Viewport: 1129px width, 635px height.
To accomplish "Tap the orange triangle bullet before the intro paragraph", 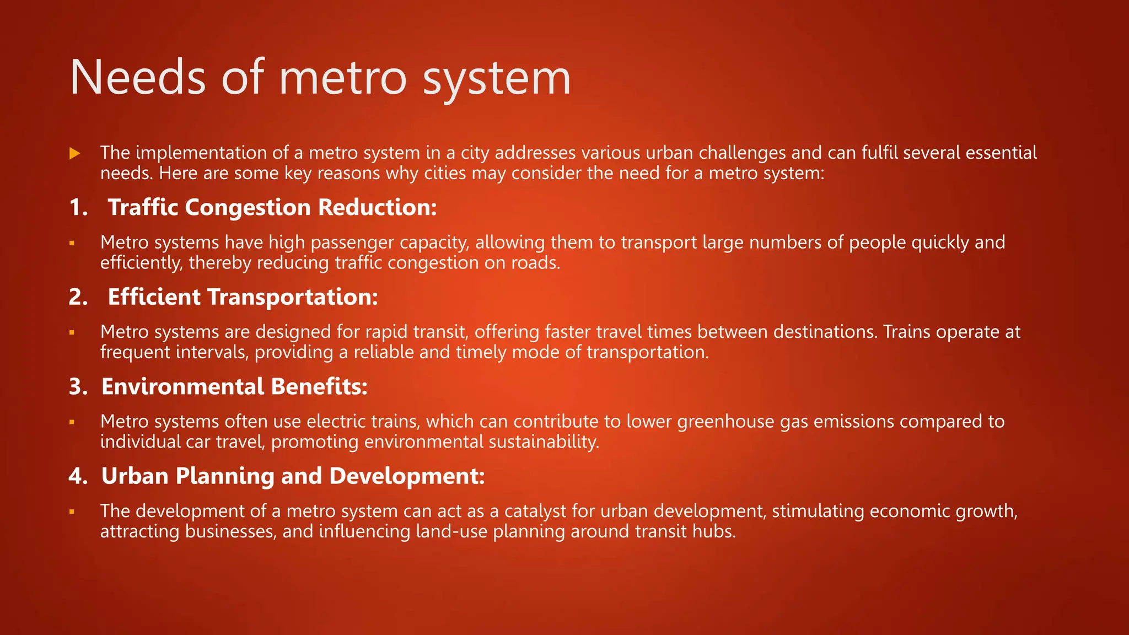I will point(75,153).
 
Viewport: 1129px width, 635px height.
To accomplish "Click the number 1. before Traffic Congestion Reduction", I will point(78,207).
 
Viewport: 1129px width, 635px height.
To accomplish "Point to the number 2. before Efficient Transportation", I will point(78,297).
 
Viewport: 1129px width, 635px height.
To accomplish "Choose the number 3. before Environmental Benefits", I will point(78,386).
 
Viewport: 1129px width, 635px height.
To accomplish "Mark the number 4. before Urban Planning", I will point(78,476).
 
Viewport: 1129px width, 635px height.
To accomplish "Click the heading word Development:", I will point(407,476).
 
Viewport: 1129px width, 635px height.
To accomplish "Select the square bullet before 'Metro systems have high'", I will point(72,243).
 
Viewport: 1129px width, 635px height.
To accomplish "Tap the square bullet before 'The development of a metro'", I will point(72,512).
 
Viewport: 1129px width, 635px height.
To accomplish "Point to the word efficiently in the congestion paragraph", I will point(141,263).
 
